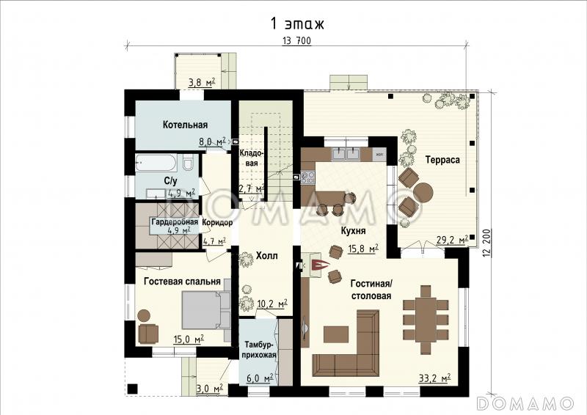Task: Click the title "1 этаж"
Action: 297,23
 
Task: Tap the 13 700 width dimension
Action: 296,41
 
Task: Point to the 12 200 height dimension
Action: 486,243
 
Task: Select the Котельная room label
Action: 185,125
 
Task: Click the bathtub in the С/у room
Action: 156,163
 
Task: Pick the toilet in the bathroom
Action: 188,163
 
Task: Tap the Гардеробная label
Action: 175,221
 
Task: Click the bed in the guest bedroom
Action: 206,309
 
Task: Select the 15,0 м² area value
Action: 189,339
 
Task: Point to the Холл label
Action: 267,256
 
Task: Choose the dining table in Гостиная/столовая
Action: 426,319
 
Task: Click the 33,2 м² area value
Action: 434,378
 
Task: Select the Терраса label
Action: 442,160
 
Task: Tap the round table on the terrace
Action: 423,192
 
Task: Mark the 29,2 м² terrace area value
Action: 452,240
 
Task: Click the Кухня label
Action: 353,231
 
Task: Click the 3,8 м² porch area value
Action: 202,82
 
